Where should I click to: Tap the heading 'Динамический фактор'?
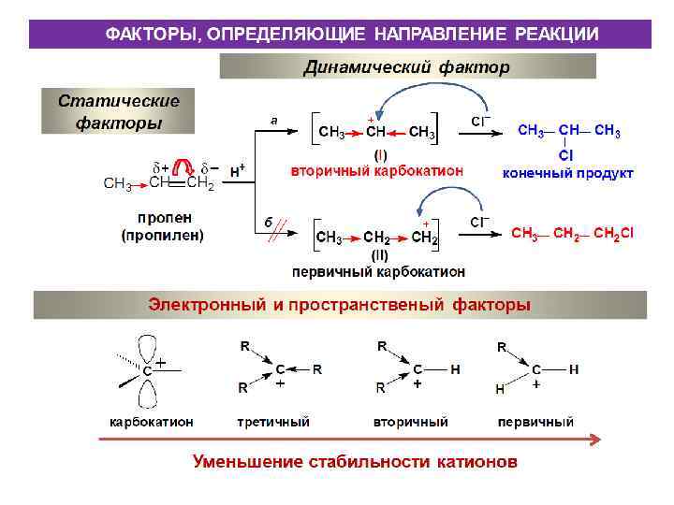tap(407, 67)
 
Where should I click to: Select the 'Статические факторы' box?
tap(118, 111)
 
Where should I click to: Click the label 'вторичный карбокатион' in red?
tap(377, 171)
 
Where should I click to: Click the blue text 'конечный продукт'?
tap(568, 173)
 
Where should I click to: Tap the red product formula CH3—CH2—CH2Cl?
tap(572, 233)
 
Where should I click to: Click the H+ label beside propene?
tap(238, 171)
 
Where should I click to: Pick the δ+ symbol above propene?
tap(159, 167)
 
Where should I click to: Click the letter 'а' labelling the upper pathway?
tap(274, 120)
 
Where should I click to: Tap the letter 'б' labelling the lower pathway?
tap(268, 222)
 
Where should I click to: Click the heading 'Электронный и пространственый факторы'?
tap(340, 305)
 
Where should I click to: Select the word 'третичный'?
tap(273, 422)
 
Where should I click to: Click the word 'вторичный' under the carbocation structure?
tap(410, 422)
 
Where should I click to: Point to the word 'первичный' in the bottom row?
tap(535, 422)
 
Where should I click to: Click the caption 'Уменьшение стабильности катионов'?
tap(355, 461)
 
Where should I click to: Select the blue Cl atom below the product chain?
tap(566, 154)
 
